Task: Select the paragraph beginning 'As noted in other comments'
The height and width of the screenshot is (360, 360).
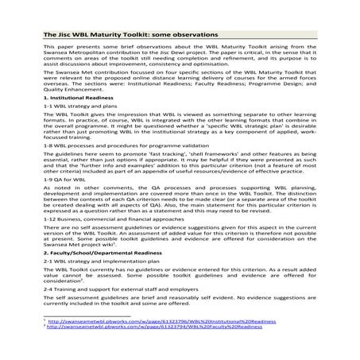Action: point(180,198)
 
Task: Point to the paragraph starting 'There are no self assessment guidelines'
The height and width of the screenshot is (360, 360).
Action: point(180,236)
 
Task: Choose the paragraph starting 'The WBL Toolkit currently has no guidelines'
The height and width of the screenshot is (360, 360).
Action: point(180,275)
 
